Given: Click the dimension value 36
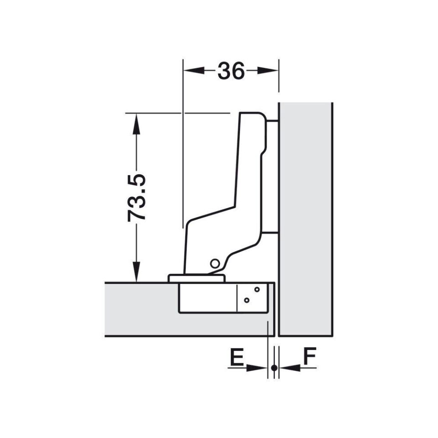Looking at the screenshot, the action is (231, 71).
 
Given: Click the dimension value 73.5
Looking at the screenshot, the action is (136, 198).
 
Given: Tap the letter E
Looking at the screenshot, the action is (236, 356).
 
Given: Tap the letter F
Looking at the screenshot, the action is (309, 356).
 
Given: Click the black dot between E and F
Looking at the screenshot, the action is (274, 368).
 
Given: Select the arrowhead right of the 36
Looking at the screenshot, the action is (267, 71).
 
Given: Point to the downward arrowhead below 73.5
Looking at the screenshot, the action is (136, 271).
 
